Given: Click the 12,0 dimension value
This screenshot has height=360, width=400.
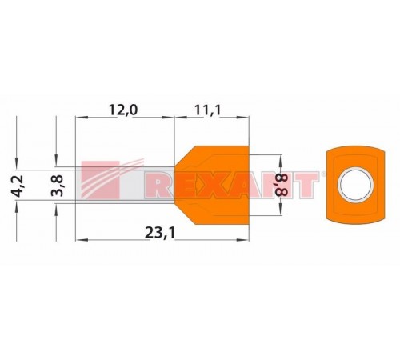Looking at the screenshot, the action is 123,110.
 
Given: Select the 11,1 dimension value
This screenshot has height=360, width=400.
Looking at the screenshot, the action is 208,110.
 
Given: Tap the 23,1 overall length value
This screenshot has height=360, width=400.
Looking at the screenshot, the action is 160,233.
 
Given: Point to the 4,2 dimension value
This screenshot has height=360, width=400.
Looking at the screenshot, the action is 18,186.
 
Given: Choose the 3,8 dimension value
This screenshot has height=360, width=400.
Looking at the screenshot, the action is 57,186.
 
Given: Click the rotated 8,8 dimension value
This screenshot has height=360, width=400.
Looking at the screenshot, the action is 282,185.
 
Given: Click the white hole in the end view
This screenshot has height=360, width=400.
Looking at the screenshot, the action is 355,185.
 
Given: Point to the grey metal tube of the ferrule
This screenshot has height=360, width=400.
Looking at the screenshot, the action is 125,185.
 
